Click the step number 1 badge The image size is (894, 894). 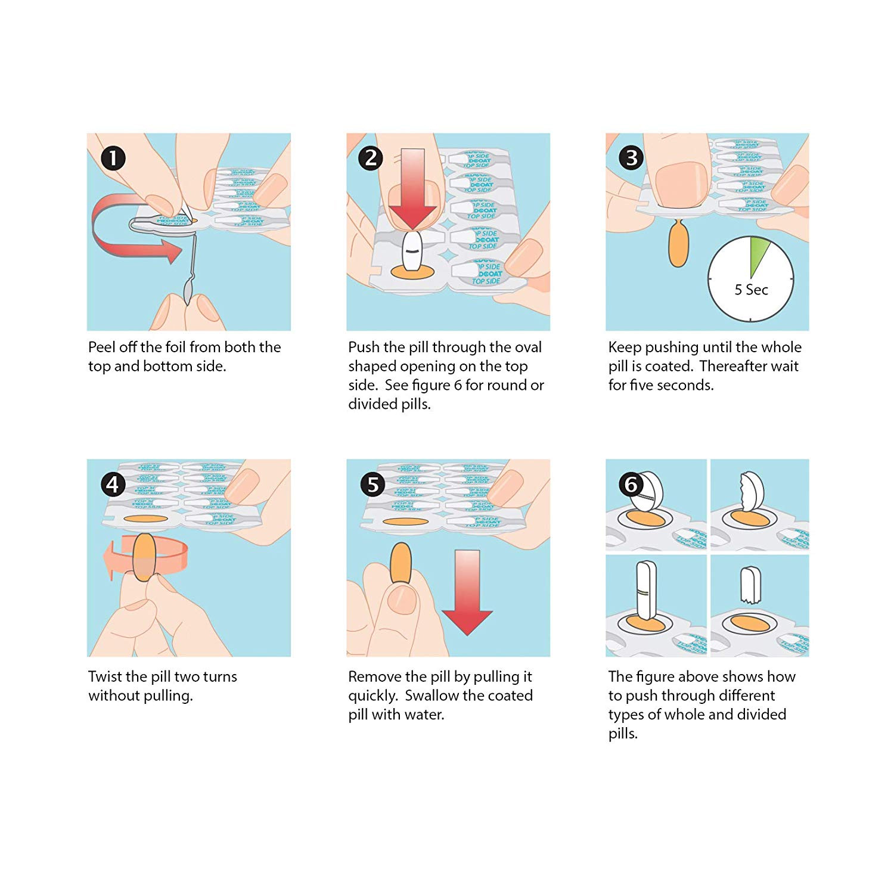point(113,159)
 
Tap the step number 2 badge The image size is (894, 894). point(371,158)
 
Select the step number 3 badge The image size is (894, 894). point(631,158)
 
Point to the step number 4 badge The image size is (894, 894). point(113,485)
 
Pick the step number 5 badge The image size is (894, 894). point(372,485)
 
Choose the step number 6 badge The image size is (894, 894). point(631,485)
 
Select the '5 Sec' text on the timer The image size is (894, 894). point(751,290)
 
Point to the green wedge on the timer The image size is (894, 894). point(758,253)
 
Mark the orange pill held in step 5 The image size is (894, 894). point(401,563)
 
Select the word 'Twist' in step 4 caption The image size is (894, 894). point(105,676)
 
